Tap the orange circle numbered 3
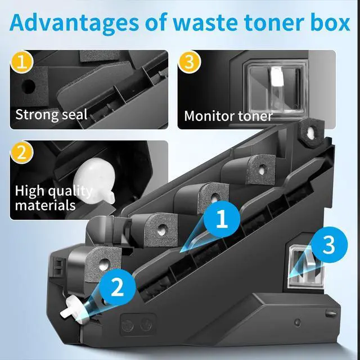click(x=190, y=62)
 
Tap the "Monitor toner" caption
click(x=228, y=116)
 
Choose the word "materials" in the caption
click(x=47, y=205)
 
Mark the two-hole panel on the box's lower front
click(x=138, y=324)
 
